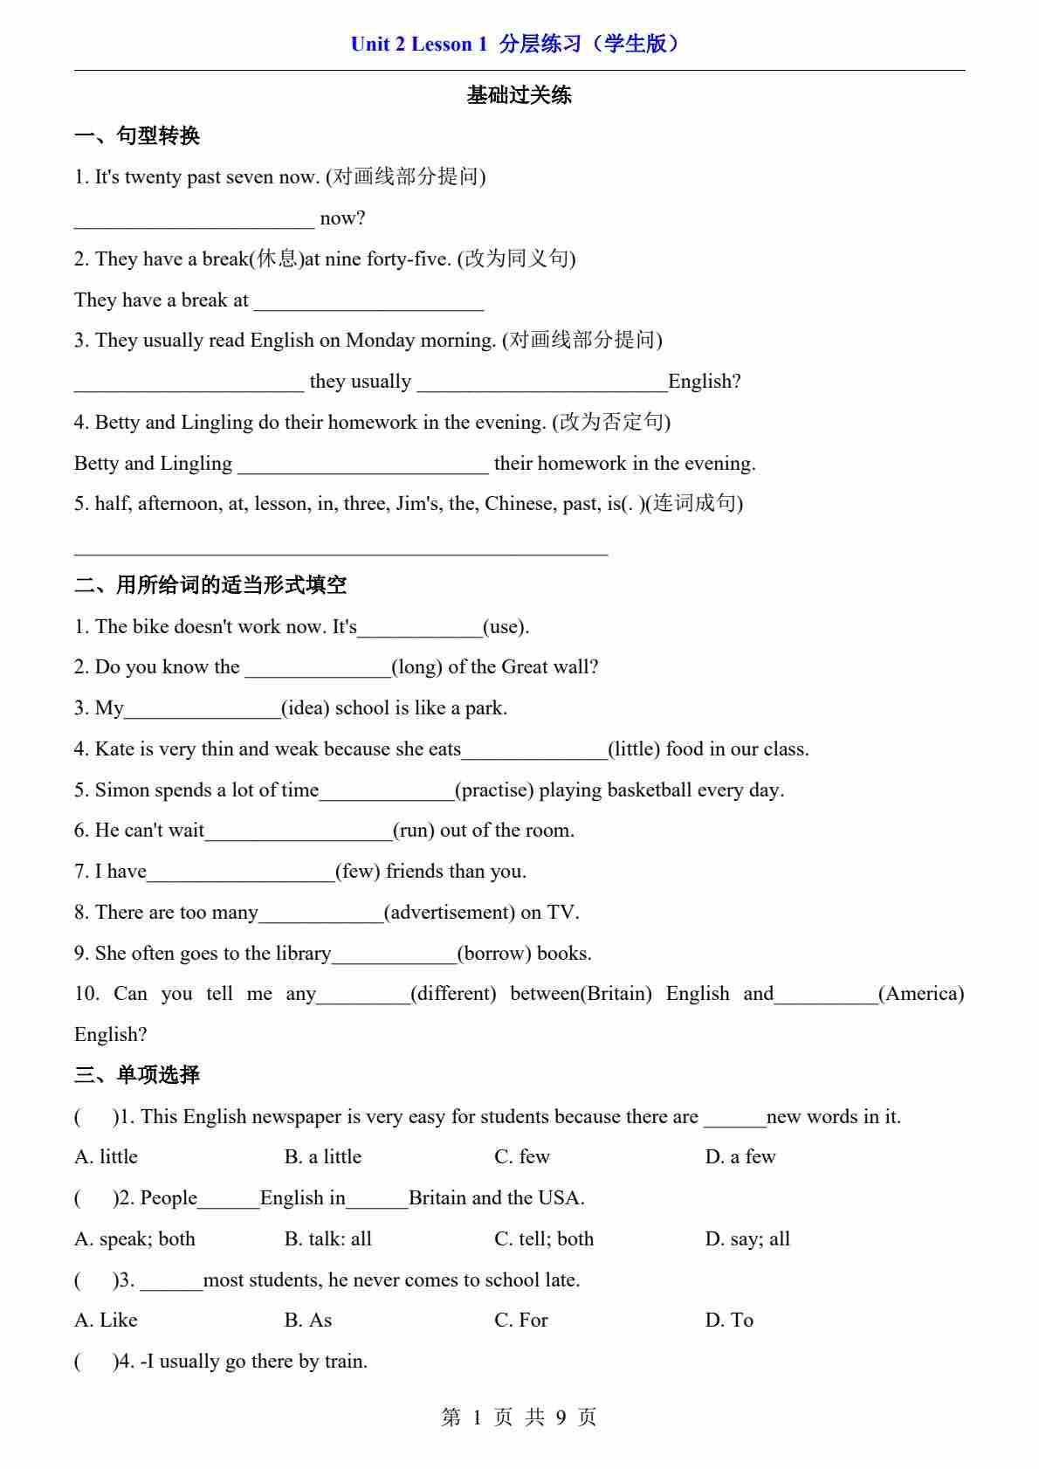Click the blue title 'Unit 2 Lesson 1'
[x=418, y=44]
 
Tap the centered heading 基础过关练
[x=519, y=95]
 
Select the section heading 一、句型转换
[x=137, y=136]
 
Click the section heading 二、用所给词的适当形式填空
[x=210, y=585]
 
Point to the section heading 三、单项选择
[x=137, y=1075]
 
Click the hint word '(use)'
[x=506, y=627]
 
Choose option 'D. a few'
[x=740, y=1157]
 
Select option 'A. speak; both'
[x=135, y=1239]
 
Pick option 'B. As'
[x=308, y=1321]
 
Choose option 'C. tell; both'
[x=544, y=1239]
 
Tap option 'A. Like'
[x=107, y=1321]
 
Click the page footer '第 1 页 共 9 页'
[x=519, y=1417]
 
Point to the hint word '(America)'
[x=921, y=994]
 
